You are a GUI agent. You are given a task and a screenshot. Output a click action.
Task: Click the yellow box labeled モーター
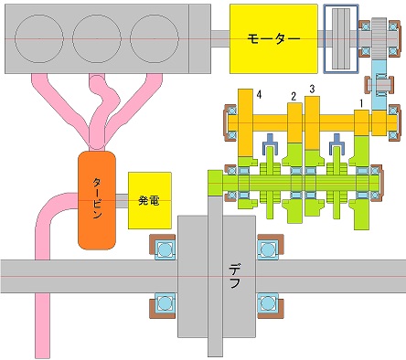[273, 38]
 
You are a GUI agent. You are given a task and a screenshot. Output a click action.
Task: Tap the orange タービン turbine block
[97, 200]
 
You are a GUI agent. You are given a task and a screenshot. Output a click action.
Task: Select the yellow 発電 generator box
[150, 200]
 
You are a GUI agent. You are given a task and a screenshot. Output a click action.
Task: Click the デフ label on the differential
[234, 276]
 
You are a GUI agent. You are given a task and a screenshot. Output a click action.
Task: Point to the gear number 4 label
[259, 95]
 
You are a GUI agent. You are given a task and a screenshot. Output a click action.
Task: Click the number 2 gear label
[294, 97]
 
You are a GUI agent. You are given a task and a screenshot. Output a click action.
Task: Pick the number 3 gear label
[312, 90]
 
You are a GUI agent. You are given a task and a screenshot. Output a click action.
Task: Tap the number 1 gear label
[361, 104]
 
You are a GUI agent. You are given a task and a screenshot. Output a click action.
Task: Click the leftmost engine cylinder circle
[39, 39]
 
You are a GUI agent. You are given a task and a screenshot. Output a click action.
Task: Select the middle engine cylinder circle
[97, 39]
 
